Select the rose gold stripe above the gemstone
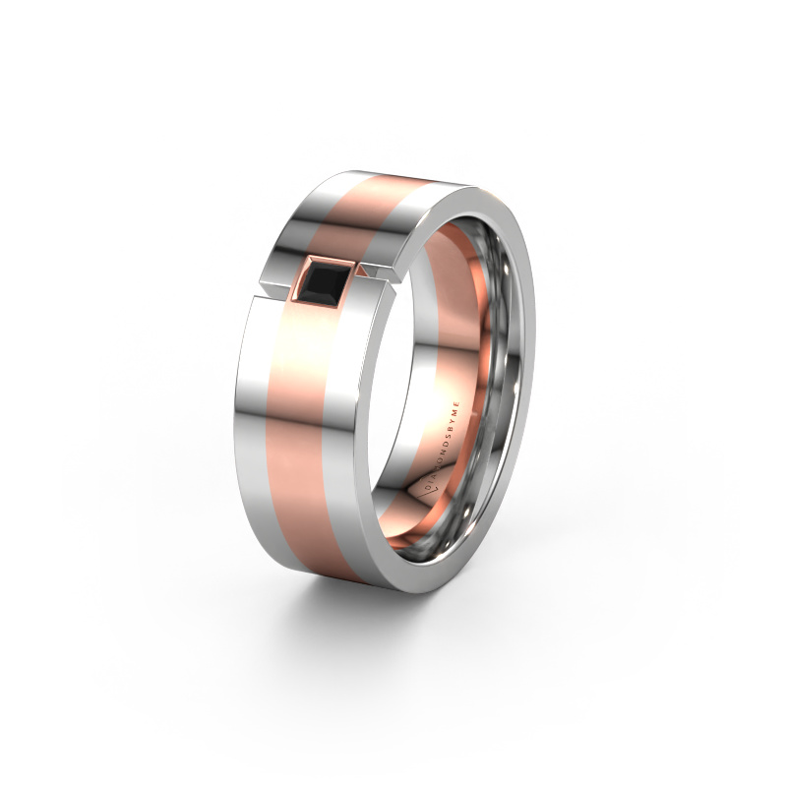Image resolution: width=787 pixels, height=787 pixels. tap(364, 212)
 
